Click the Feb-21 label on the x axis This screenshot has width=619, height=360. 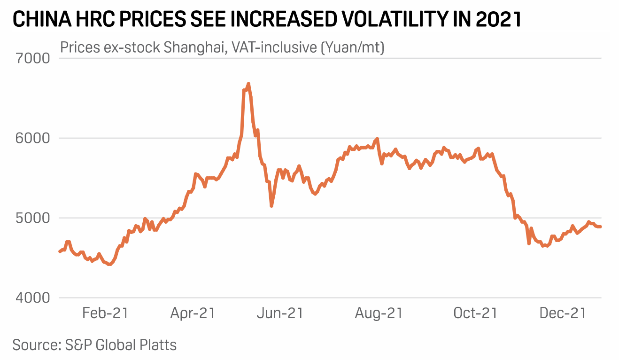pos(105,313)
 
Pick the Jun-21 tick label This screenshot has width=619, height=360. pos(280,313)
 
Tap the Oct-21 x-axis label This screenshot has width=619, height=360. pos(475,313)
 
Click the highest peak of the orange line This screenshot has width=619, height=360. pos(248,84)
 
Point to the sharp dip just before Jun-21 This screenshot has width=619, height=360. pos(271,206)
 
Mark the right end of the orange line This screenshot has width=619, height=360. pos(600,227)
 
